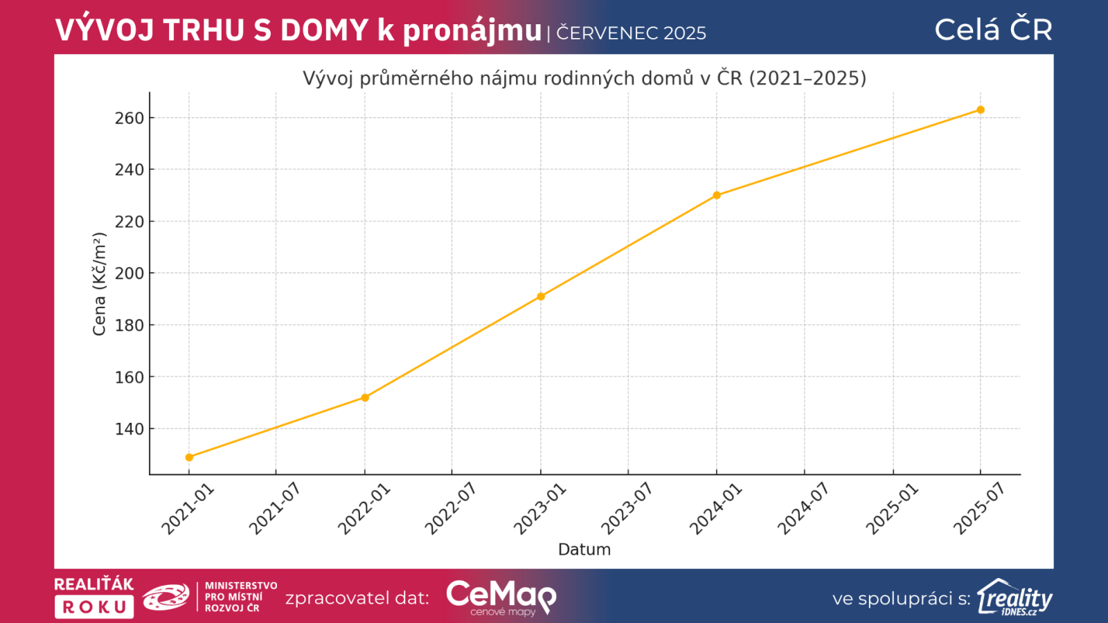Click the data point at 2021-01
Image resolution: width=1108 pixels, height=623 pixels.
tap(189, 458)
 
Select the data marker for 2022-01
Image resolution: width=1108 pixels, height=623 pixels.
tap(365, 397)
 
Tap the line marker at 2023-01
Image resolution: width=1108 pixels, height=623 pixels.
tap(541, 296)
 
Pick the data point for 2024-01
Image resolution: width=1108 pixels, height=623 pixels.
tap(717, 195)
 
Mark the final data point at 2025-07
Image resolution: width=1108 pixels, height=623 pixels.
tap(981, 110)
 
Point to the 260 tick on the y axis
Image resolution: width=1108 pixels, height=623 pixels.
tap(129, 118)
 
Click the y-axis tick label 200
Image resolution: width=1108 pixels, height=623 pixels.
tap(129, 273)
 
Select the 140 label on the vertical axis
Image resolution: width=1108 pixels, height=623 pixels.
tap(129, 429)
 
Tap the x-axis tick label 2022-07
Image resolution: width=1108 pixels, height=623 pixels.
tap(451, 509)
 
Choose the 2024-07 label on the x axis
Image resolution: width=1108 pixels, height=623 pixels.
tap(803, 509)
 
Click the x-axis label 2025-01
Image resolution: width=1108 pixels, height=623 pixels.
tap(892, 509)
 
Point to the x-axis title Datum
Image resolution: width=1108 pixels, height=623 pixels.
tap(584, 550)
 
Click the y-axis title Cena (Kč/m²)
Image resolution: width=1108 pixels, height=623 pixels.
tap(100, 284)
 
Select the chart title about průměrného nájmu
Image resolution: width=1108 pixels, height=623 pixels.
tap(584, 78)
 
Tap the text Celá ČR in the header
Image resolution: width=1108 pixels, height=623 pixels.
tap(993, 30)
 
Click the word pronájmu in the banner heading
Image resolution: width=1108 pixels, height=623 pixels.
tap(472, 31)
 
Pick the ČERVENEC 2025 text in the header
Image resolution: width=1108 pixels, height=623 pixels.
tap(632, 33)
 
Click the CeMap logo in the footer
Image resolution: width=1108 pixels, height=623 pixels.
tap(501, 597)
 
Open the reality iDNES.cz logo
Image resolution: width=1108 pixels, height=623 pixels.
tap(1015, 598)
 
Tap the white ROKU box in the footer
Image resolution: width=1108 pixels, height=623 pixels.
tap(94, 607)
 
